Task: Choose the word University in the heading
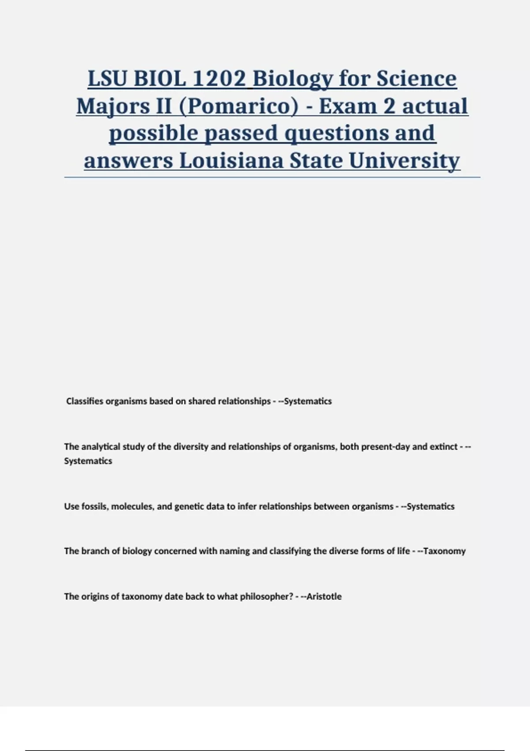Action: click(404, 160)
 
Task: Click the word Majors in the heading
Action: click(106, 106)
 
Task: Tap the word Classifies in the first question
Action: click(84, 401)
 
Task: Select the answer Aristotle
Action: click(324, 596)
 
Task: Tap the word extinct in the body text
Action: click(443, 447)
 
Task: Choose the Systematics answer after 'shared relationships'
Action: click(308, 401)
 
